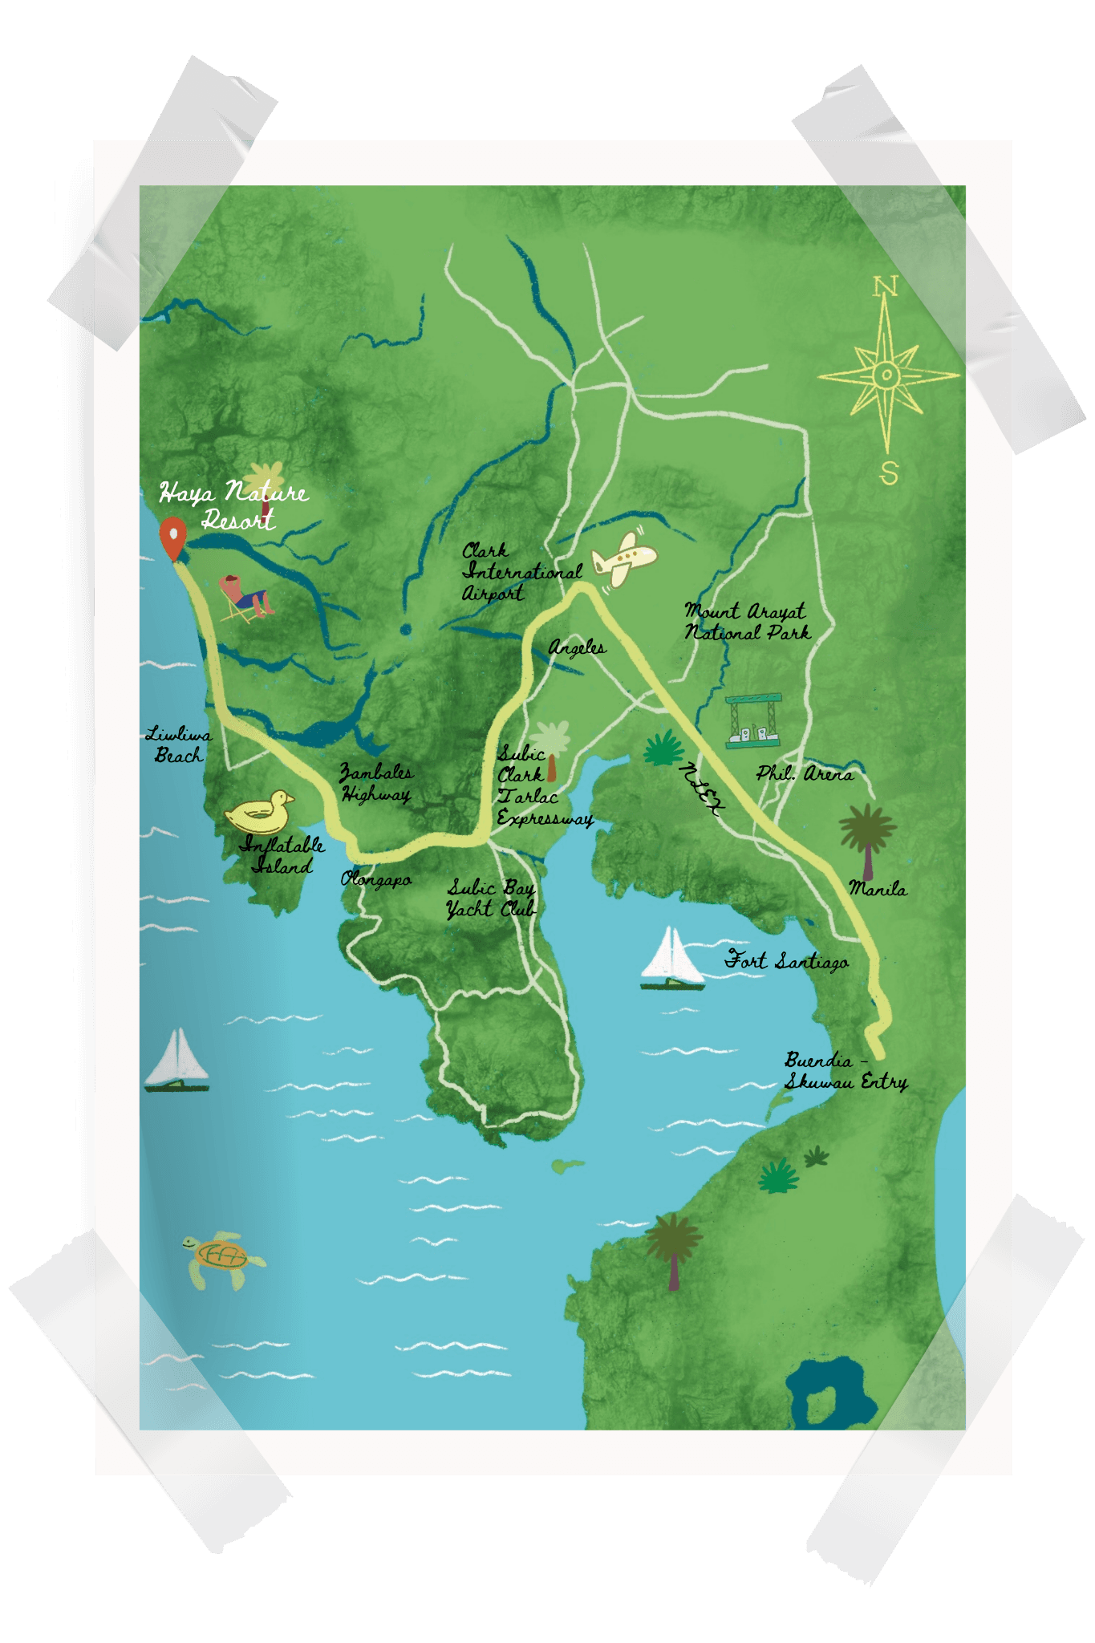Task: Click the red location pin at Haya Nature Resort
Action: tap(172, 536)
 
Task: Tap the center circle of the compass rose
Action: tap(886, 375)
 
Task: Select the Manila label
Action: tap(878, 889)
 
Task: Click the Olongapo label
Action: tap(376, 879)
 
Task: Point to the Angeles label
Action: tap(578, 647)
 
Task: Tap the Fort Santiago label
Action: tap(787, 960)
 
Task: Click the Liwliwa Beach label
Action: tap(179, 744)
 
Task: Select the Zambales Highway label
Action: tap(376, 783)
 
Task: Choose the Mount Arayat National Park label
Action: tap(746, 622)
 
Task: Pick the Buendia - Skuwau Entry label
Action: tap(844, 1072)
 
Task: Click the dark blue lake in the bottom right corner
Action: tap(829, 1394)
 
